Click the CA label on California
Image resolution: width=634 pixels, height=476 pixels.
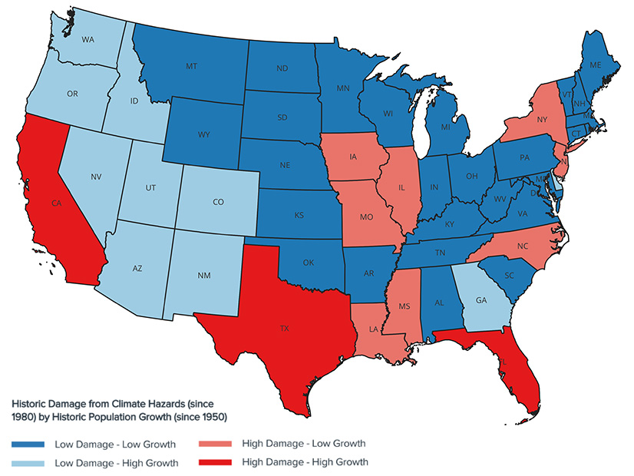(56, 203)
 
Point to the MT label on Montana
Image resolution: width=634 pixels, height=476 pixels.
(191, 67)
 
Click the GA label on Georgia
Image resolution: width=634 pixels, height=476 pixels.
(481, 300)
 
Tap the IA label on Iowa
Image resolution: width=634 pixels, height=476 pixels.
(352, 157)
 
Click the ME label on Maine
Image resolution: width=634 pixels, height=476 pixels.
(595, 65)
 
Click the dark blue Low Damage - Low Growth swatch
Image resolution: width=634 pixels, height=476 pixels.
(28, 445)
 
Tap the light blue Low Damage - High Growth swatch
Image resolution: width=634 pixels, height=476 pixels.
(28, 463)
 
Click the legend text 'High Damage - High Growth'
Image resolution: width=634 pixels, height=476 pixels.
(304, 462)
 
